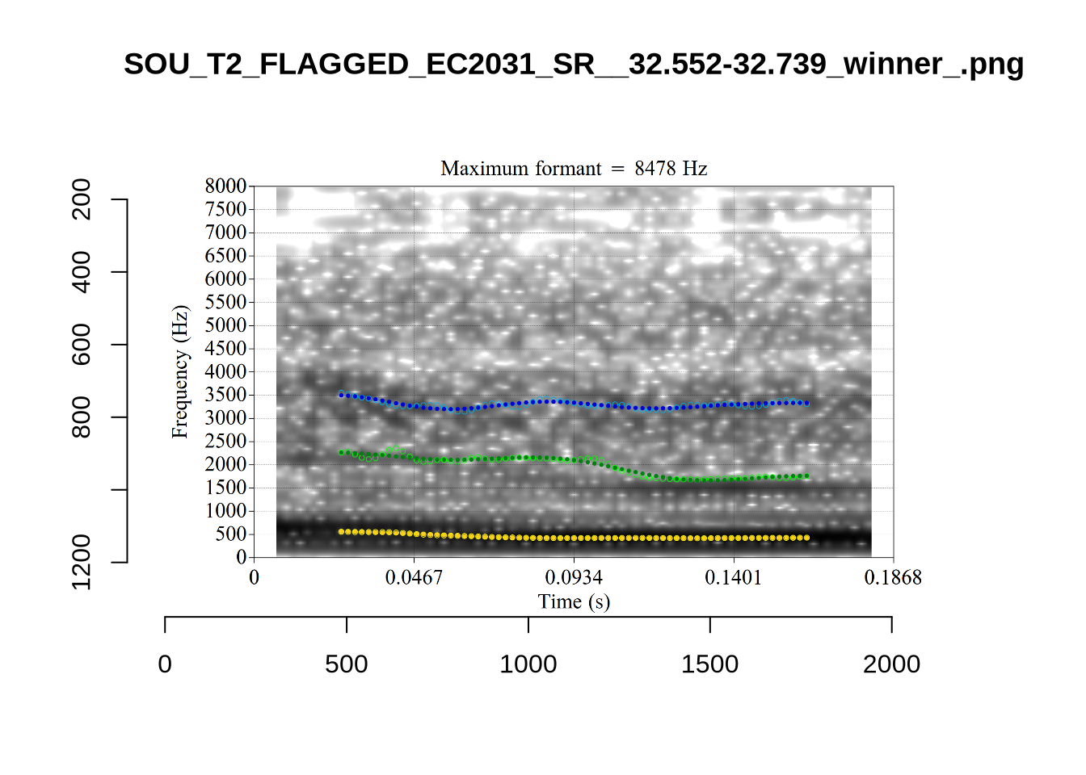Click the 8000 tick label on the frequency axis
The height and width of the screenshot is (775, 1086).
[225, 186]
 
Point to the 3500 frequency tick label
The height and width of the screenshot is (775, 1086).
[225, 395]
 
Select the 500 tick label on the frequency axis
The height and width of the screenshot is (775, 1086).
[230, 534]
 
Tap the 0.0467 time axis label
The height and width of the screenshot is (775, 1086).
[414, 577]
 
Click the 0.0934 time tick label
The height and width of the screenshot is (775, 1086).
[574, 577]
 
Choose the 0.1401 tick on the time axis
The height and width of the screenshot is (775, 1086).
[733, 577]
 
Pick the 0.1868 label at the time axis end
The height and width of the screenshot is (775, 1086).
[893, 577]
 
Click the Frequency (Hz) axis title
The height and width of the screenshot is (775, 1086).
[179, 371]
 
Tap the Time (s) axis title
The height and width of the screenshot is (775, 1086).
[574, 601]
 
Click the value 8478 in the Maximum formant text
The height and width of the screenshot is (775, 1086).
[655, 168]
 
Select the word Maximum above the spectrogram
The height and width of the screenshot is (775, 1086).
[479, 168]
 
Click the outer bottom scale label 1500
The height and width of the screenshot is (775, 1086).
[709, 664]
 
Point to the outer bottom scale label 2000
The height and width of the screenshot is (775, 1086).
[891, 664]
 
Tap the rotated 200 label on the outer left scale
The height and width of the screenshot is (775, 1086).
[82, 199]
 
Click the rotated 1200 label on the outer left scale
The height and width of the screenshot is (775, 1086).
[82, 562]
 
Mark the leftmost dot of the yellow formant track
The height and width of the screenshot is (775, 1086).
[341, 531]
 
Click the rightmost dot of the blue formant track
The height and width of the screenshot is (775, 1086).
[806, 402]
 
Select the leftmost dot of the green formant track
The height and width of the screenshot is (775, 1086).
[341, 452]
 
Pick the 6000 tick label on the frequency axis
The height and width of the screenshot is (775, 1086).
[225, 279]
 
